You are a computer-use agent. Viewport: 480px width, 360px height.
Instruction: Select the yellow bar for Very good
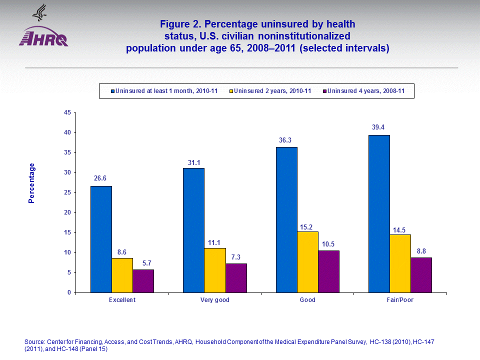pos(214,270)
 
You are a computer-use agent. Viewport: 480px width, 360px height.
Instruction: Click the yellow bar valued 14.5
pos(400,263)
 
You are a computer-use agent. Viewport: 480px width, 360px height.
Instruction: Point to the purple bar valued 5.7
pos(143,281)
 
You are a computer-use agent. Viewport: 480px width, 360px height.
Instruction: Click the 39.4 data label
pos(378,127)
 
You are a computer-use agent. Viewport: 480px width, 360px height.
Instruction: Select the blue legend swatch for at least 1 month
pos(112,91)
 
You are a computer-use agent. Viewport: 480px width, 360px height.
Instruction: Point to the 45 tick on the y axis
pos(67,112)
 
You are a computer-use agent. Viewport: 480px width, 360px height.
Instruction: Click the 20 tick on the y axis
pos(67,212)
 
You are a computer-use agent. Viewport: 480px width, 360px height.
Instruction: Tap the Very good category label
pos(214,300)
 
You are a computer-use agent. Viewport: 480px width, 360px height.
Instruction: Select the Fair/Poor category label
pos(400,300)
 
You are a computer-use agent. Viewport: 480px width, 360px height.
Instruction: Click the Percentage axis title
pos(32,183)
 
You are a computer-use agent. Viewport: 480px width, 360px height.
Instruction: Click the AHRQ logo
pos(43,35)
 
